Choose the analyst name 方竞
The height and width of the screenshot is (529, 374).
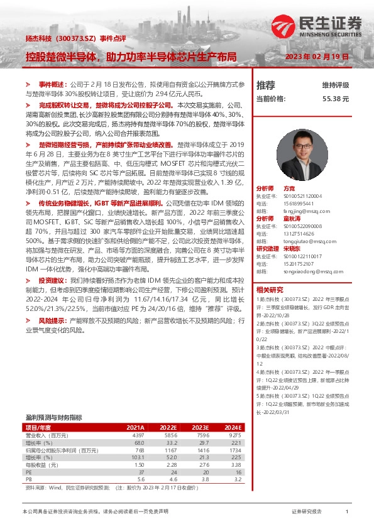point(289,188)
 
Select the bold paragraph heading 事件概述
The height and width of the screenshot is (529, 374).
point(52,84)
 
